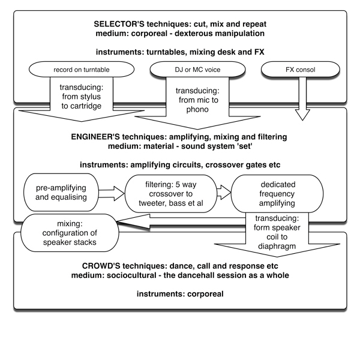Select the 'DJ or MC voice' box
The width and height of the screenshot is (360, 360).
point(181,70)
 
